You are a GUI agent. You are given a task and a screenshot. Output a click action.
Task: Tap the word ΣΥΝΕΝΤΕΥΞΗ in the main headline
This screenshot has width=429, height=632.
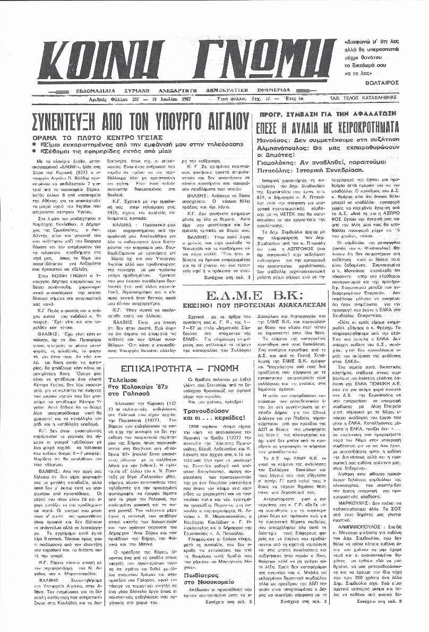click(x=66, y=118)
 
